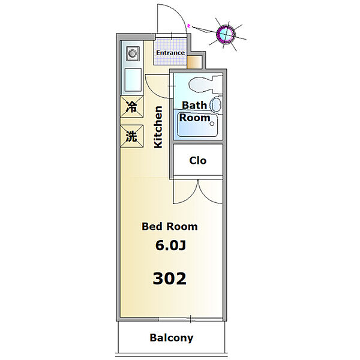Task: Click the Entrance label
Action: (170, 53)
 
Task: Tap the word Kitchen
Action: (158, 127)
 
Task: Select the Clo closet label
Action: (197, 160)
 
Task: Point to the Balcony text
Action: (172, 338)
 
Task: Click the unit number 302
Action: (170, 278)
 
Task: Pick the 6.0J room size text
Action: (170, 245)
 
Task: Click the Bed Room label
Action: (170, 227)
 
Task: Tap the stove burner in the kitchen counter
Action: (133, 54)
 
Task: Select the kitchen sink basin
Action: (133, 80)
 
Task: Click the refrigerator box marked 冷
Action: (132, 107)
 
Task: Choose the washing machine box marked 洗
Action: (132, 136)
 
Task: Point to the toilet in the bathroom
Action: (205, 85)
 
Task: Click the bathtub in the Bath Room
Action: (197, 125)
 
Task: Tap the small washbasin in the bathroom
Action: (217, 104)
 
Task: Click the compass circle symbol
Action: (226, 34)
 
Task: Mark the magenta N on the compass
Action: (188, 26)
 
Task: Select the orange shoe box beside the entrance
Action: (194, 62)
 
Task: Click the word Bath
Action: (194, 106)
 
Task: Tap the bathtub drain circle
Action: (212, 124)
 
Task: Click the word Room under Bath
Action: (194, 118)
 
